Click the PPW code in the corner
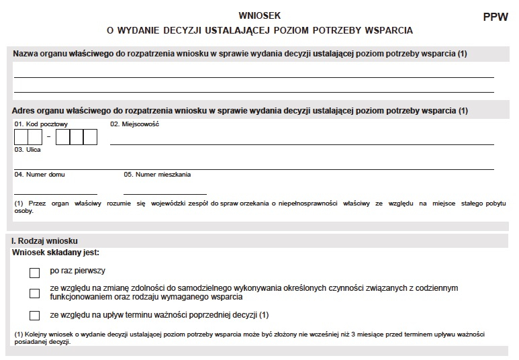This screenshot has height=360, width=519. (x=495, y=18)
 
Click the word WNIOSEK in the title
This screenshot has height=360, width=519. (x=259, y=15)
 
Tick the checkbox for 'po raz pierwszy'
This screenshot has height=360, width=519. (x=35, y=273)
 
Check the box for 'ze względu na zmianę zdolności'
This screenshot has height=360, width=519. (x=35, y=293)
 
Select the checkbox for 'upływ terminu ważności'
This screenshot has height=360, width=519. (x=35, y=315)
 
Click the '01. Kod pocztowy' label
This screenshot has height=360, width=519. (x=32, y=124)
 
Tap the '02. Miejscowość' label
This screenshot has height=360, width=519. (x=135, y=124)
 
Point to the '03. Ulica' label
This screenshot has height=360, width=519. (x=28, y=150)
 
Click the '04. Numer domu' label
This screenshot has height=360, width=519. (x=40, y=175)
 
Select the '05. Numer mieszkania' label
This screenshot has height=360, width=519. (x=157, y=175)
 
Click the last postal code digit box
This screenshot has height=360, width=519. (x=91, y=137)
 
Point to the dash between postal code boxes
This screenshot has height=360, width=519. (x=49, y=137)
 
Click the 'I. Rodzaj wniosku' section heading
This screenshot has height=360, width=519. (x=45, y=240)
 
